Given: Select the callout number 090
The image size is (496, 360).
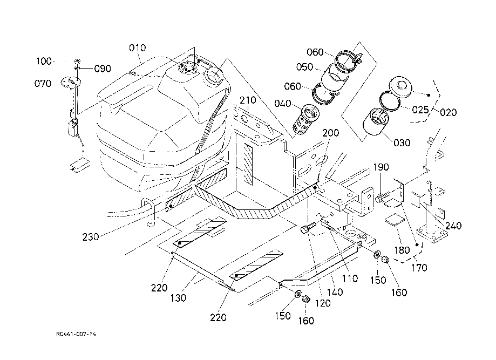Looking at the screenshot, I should point(103,69).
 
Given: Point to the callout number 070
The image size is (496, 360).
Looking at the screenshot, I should point(43,84).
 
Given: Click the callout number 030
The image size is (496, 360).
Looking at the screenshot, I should point(402,142).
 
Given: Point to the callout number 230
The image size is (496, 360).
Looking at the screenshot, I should point(91,236).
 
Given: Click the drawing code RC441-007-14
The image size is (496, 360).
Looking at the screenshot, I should point(76,335).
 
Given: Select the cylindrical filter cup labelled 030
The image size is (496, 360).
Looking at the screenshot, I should point(377,124).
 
